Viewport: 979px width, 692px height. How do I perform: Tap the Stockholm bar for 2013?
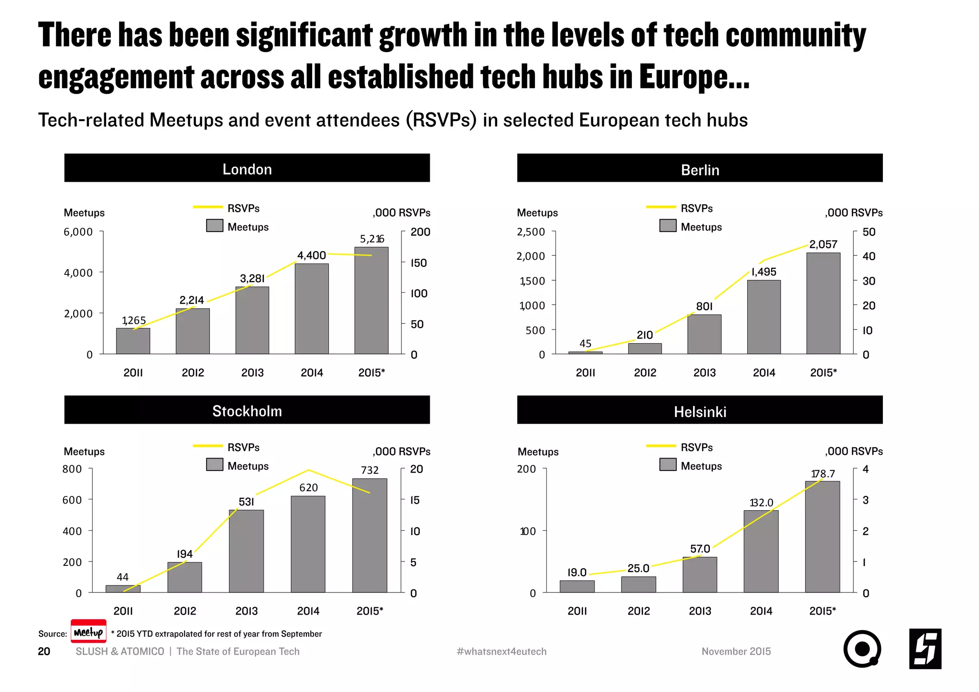tap(246, 551)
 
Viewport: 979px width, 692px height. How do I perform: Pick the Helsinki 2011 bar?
tap(577, 586)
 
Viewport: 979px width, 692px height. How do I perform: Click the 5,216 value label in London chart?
tap(372, 239)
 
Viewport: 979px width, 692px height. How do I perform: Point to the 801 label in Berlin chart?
tap(704, 306)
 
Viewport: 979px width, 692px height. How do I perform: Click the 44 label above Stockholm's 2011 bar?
tap(122, 577)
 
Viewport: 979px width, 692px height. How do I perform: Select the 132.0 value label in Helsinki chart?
tap(761, 503)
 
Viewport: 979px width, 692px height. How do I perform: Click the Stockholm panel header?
tap(247, 410)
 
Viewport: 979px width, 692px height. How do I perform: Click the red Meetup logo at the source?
tap(88, 632)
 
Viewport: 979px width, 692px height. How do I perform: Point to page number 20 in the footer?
tap(44, 651)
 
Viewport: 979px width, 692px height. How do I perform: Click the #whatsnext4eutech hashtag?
tap(501, 651)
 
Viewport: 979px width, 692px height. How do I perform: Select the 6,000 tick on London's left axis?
tap(78, 232)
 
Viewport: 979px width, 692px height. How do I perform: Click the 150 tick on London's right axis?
tap(419, 263)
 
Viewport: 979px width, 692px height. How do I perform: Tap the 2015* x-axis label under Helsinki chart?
tap(822, 611)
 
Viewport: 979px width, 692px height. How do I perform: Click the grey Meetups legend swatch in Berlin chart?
tap(668, 226)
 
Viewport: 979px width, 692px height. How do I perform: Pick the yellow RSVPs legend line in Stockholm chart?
tap(207, 446)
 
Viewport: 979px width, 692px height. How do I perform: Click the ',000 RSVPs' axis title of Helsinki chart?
tap(854, 451)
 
